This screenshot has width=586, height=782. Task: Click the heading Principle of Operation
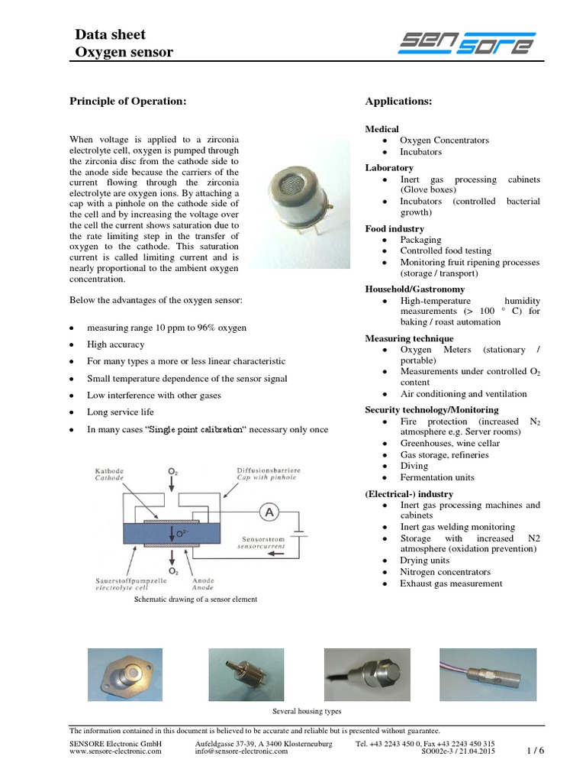127,101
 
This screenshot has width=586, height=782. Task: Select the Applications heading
398,101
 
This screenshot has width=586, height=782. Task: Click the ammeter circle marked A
269,513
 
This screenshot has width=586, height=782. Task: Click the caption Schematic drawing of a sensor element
195,599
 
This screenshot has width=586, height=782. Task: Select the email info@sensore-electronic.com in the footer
242,751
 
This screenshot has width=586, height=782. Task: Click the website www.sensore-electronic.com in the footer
115,751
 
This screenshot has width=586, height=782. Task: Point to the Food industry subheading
394,228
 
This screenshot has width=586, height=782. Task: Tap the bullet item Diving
414,466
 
